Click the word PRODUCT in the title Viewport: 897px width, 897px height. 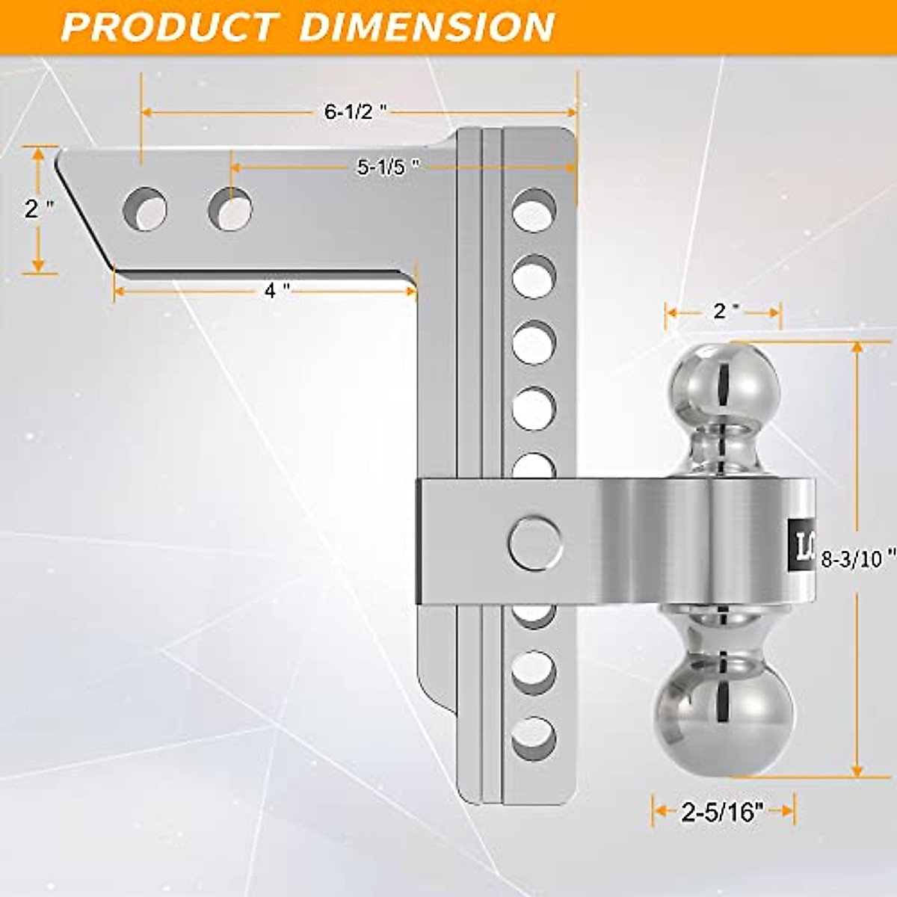[x=167, y=26]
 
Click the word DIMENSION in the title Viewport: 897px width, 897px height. [x=427, y=26]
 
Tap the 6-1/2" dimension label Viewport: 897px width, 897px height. [x=355, y=112]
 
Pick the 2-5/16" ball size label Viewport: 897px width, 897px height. [x=722, y=812]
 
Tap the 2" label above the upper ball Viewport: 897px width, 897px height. [x=721, y=311]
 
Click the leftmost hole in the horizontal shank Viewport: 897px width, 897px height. [x=145, y=209]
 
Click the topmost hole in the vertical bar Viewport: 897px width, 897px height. [x=534, y=210]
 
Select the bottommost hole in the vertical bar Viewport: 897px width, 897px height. [x=534, y=738]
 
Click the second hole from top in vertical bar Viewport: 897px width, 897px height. [x=534, y=276]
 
